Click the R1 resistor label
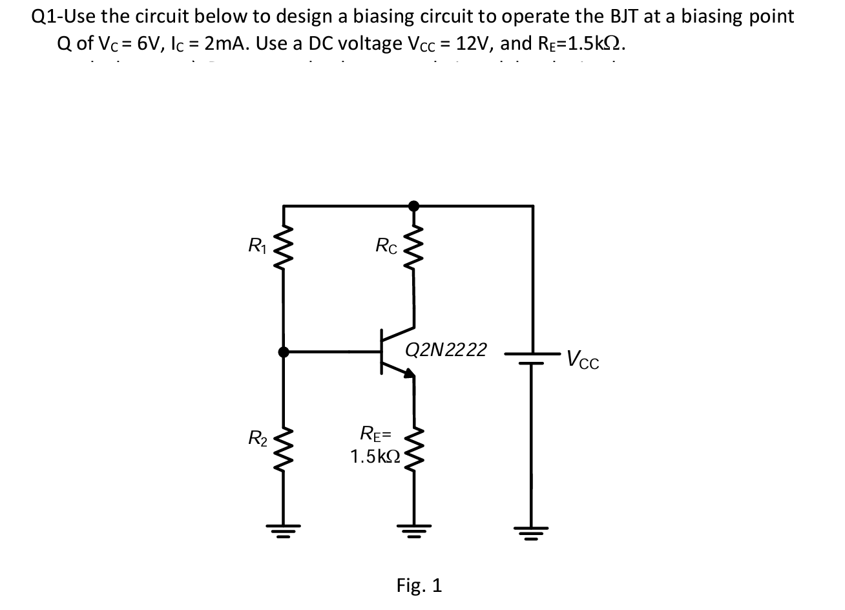click(256, 246)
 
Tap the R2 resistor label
click(257, 439)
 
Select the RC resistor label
click(386, 246)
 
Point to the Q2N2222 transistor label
click(446, 350)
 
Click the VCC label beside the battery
click(583, 359)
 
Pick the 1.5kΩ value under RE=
click(375, 457)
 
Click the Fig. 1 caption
click(419, 585)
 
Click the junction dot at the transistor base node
click(284, 352)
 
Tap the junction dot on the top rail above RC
click(414, 205)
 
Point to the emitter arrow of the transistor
click(408, 372)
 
